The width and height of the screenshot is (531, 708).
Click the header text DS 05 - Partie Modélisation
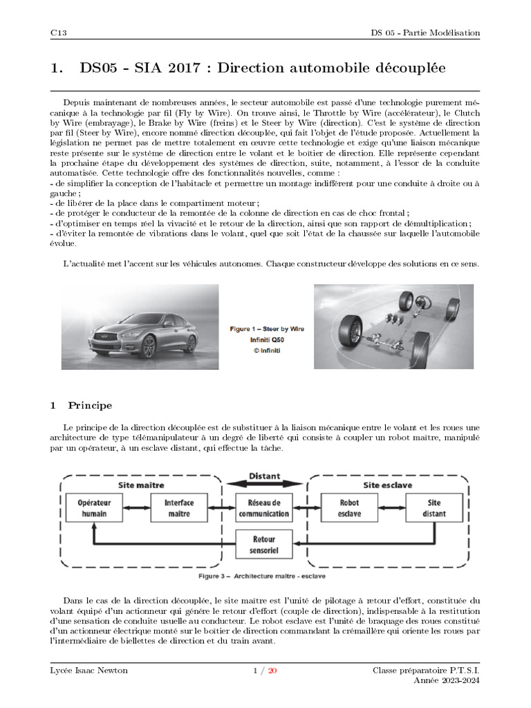point(425,32)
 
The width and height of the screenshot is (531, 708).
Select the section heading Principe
point(90,405)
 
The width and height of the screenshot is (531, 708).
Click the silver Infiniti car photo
point(140,326)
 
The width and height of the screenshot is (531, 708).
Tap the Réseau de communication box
point(263,508)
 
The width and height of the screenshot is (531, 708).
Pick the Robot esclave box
point(349,508)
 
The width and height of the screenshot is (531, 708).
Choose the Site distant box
point(435,508)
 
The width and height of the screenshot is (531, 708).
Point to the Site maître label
point(141,485)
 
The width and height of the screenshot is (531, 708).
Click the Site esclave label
point(388,485)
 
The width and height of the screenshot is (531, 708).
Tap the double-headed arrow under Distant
point(264,486)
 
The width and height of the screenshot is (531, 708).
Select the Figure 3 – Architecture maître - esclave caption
point(262,575)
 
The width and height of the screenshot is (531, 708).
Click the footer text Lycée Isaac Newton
point(89,670)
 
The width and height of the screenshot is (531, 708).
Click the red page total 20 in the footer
point(272,670)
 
